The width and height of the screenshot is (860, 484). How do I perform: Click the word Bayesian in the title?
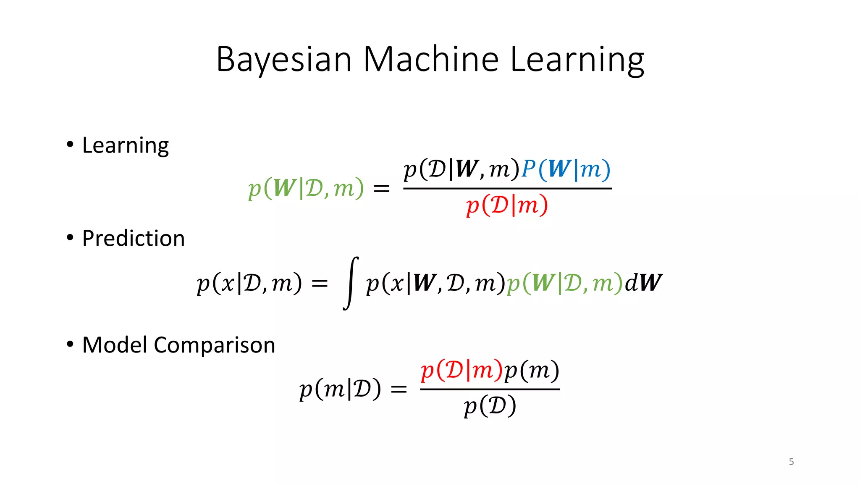point(284,60)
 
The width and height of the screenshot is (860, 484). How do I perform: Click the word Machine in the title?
point(431,60)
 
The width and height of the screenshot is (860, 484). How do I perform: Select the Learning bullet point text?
point(125,146)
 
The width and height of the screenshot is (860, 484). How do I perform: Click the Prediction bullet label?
point(134,238)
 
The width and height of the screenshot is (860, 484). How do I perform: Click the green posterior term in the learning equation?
point(306,188)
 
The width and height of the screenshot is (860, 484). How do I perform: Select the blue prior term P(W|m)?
point(566,169)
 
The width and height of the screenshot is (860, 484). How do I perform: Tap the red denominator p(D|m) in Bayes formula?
point(507,205)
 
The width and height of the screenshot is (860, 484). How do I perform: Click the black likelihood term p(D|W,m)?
point(461,169)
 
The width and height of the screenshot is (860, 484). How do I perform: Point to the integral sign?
point(351,283)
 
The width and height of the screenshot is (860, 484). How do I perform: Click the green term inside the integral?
point(564,283)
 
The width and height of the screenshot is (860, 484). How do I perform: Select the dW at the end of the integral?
point(643,283)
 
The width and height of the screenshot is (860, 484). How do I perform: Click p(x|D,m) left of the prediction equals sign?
point(249,283)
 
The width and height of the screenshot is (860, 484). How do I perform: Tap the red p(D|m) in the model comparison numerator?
point(461,371)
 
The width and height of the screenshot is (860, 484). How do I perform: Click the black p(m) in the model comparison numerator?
point(532,371)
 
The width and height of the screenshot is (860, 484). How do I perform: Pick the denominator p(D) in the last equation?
point(490,406)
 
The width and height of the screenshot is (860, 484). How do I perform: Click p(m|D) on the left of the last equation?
point(340,389)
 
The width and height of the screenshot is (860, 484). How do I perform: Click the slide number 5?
point(791,462)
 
